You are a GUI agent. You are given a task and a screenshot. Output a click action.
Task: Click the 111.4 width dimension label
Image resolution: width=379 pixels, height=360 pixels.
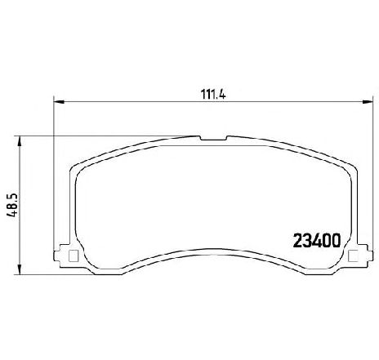213,95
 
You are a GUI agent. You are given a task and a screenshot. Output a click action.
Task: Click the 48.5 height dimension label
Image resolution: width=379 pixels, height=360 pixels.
12,205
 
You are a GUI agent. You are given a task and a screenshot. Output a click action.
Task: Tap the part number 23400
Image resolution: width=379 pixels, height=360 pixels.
317,241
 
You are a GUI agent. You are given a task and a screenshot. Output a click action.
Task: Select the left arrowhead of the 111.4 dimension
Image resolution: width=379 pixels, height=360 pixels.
59,102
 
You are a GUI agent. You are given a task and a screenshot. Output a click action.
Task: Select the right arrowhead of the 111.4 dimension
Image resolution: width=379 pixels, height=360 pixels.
367,102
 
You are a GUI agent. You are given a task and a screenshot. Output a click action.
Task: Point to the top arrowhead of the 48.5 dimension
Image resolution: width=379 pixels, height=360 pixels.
20,141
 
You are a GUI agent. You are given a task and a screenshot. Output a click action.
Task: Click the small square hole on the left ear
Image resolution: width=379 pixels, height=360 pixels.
74,256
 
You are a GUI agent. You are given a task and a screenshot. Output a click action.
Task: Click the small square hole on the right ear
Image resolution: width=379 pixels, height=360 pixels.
354,256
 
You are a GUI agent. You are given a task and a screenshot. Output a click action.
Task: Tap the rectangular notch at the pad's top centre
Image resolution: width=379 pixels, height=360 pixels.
214,138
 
